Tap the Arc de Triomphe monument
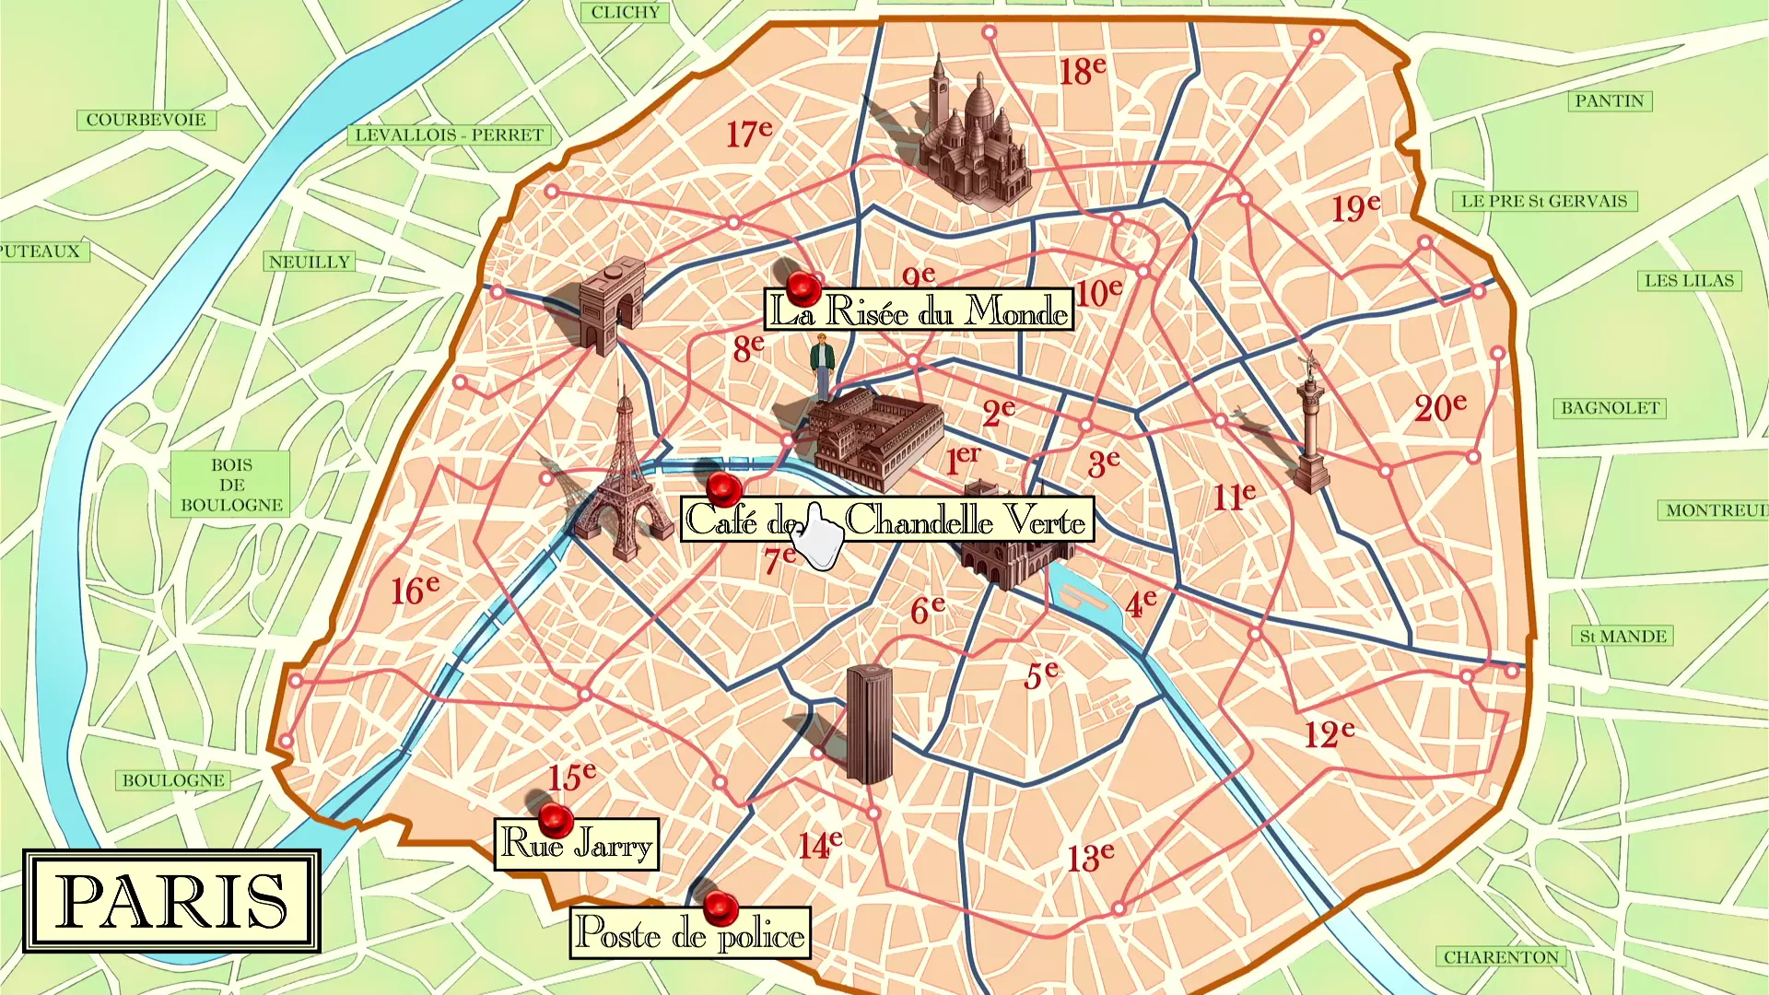click(610, 305)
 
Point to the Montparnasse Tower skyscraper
click(868, 724)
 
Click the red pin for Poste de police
click(720, 907)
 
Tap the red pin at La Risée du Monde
click(803, 287)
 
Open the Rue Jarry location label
click(577, 844)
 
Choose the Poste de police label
click(690, 934)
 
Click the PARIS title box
click(172, 901)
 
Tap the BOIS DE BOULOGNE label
click(231, 485)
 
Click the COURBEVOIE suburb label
click(146, 120)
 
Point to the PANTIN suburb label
click(1609, 101)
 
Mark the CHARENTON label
click(1501, 957)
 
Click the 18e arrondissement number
click(1082, 71)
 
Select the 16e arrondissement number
click(415, 590)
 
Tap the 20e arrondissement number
click(1440, 407)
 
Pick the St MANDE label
click(1623, 637)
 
